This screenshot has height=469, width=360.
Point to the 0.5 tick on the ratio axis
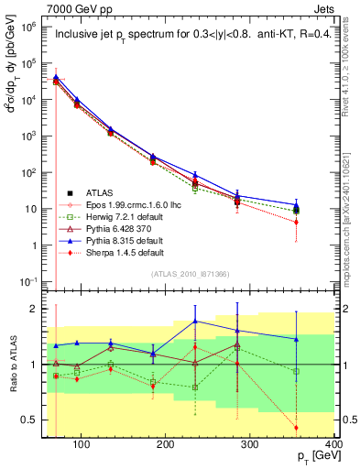(35, 420)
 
